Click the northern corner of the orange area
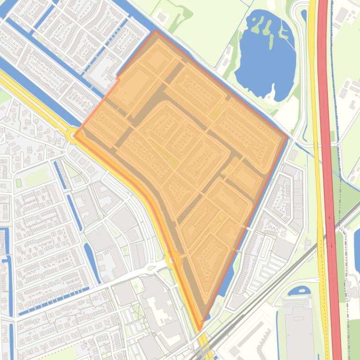tap(155, 31)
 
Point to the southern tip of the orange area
tap(200, 330)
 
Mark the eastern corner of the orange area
tap(287, 137)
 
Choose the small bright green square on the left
tap(19, 183)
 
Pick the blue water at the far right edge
tap(357, 243)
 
